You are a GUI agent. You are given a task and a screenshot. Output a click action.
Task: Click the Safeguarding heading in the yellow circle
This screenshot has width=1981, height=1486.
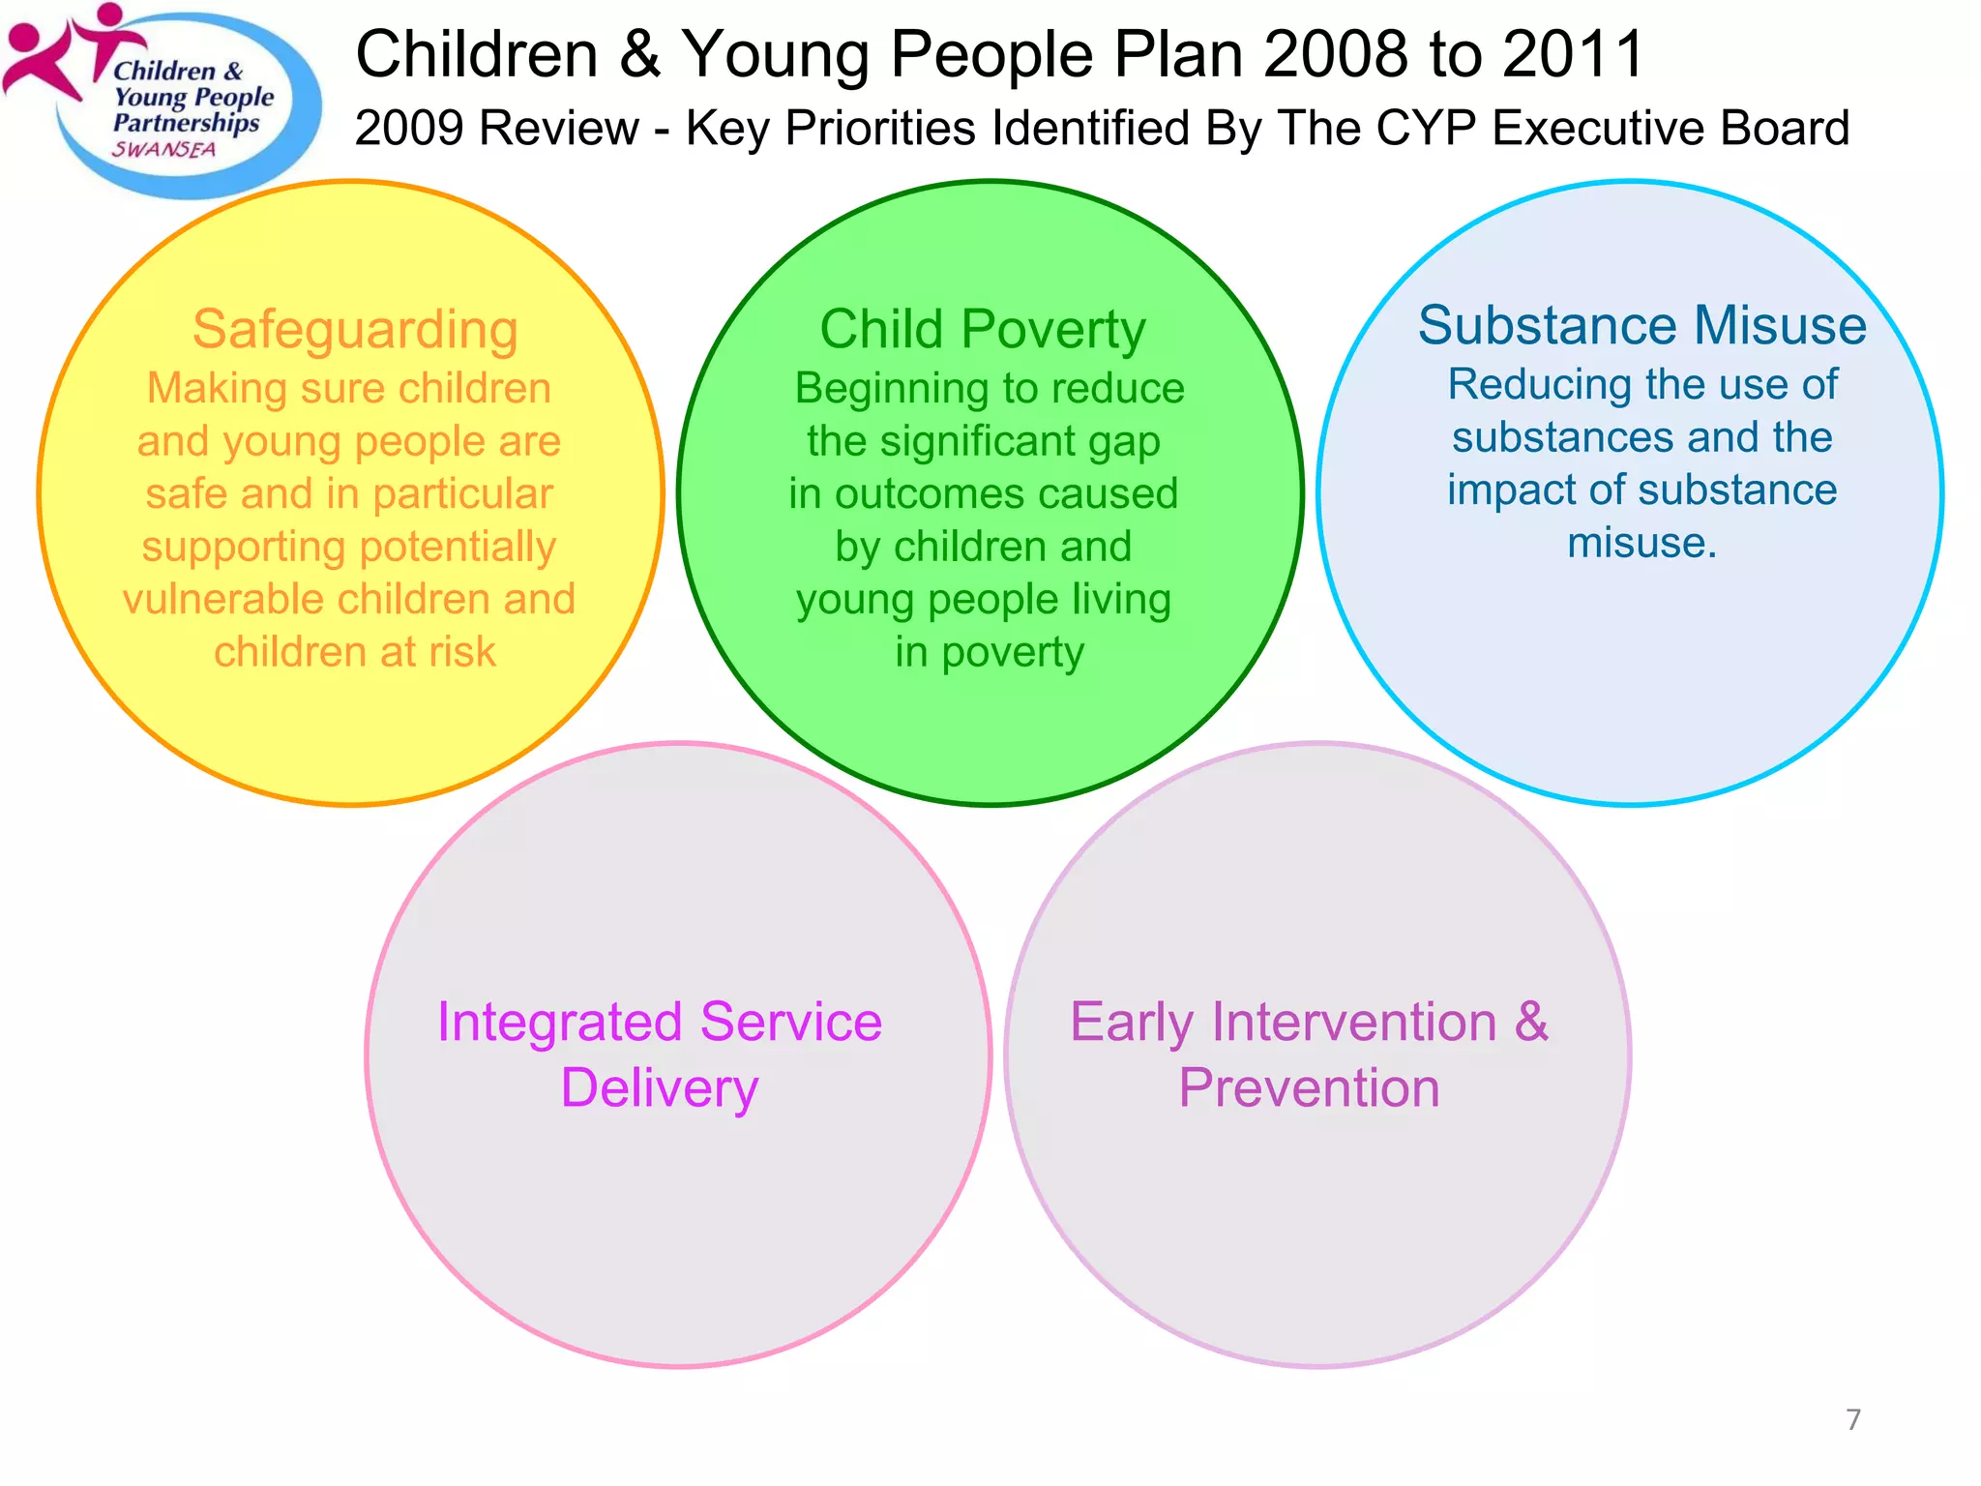355,330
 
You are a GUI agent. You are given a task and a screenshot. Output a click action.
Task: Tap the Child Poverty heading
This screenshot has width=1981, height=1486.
983,330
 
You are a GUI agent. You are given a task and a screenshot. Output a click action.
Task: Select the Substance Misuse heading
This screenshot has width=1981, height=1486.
1641,325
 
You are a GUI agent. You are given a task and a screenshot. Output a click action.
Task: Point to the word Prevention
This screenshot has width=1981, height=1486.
1309,1088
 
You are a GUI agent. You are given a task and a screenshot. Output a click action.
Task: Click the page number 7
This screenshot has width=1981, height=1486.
1852,1419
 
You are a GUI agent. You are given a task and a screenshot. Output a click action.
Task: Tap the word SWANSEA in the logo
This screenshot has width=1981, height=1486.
164,150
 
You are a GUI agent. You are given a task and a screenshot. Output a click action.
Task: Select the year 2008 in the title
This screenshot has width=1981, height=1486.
1334,54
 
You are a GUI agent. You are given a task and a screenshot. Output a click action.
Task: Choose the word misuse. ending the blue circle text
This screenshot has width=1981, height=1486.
1641,543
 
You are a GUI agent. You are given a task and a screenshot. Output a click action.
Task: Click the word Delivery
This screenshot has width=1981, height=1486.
660,1088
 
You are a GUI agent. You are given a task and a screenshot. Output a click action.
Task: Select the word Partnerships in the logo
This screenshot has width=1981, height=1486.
186,124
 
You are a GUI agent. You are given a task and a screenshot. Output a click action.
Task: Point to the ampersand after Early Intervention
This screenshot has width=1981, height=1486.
1530,1021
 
